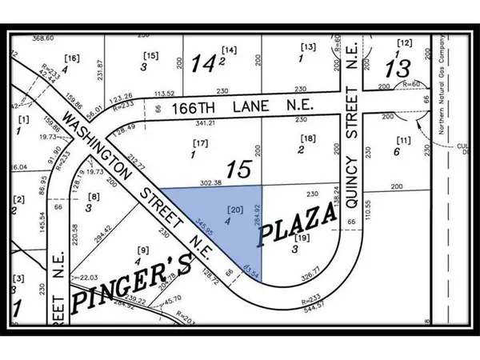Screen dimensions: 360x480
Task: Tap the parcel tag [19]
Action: click(x=303, y=238)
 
